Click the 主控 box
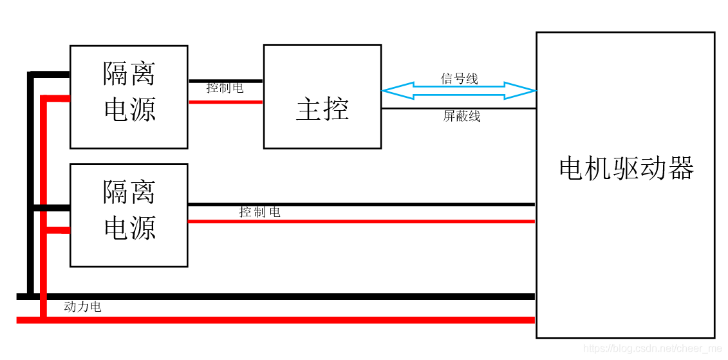[322, 97]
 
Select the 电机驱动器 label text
[626, 169]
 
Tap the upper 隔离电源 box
[129, 97]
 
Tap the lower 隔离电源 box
[129, 214]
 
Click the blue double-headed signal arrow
[458, 91]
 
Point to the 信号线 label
[459, 79]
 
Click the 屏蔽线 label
[462, 116]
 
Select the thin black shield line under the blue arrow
[458, 108]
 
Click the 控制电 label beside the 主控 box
[225, 88]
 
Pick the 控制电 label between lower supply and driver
[259, 212]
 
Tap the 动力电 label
[82, 307]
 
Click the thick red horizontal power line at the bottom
[290, 320]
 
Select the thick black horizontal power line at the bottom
[290, 297]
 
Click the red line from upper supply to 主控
[225, 102]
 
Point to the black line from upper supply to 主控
[225, 81]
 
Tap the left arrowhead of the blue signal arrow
[391, 91]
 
